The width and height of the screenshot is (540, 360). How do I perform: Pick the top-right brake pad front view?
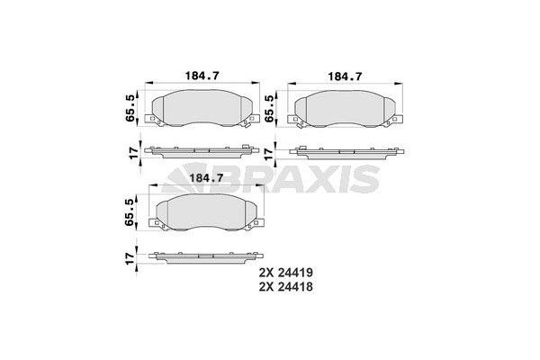343,109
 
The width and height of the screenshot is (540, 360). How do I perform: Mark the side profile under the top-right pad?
343,150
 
